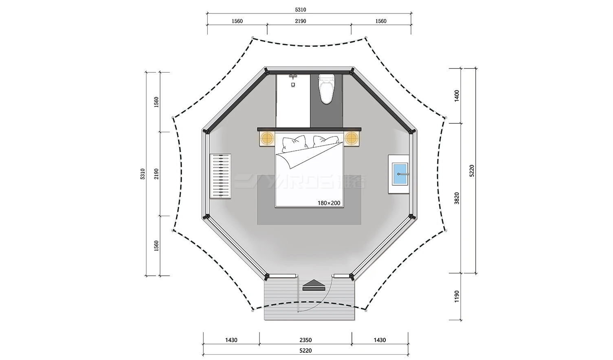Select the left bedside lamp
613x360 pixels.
[x=267, y=138]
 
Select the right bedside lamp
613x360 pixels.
[x=351, y=138]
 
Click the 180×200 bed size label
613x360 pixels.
[x=329, y=203]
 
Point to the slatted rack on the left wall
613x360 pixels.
[x=220, y=176]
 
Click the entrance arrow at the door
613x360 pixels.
[x=314, y=285]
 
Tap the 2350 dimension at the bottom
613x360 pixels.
[x=305, y=340]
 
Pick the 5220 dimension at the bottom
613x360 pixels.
[x=305, y=350]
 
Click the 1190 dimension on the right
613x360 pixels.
[x=457, y=296]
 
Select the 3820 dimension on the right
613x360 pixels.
[x=457, y=198]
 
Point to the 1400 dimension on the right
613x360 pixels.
[x=457, y=96]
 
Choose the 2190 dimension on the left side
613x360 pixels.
[x=156, y=174]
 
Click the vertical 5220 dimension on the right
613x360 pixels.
[x=472, y=170]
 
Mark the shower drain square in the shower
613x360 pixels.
[x=293, y=85]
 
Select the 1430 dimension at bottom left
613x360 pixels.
[x=231, y=340]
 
